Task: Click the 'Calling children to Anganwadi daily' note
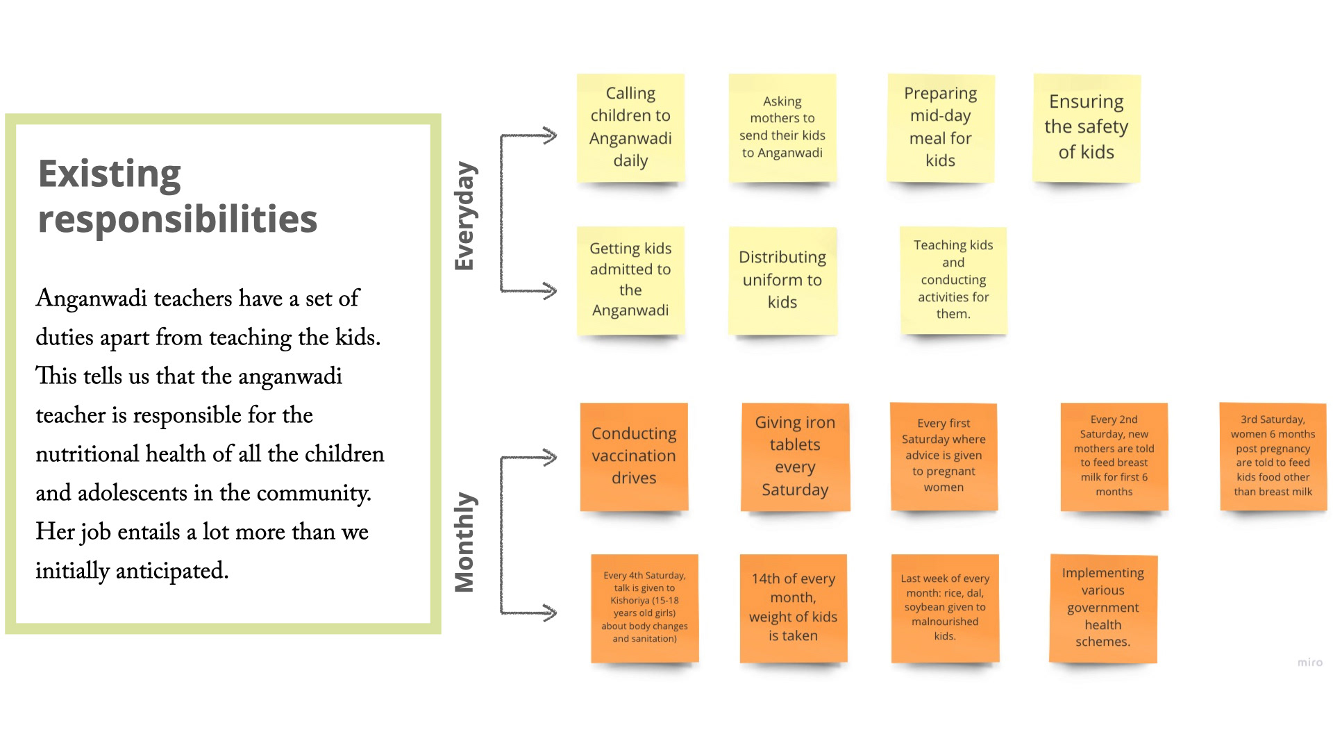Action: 630,127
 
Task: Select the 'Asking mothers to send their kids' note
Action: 782,127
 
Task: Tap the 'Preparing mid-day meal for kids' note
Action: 940,127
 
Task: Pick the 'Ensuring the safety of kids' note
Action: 1086,127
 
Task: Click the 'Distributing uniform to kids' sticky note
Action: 782,280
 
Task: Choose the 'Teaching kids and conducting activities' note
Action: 953,280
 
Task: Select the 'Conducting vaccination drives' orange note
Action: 633,456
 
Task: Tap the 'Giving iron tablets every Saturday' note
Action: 795,456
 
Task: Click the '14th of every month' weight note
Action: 793,608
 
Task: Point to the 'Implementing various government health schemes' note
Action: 1103,608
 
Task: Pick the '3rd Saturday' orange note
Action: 1273,456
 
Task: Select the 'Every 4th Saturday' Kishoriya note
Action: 644,608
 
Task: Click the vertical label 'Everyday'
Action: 464,216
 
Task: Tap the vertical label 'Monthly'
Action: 464,542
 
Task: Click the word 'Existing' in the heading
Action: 110,174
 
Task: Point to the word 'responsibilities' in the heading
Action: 178,219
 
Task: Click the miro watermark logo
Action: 1309,662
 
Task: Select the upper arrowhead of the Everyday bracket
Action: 550,135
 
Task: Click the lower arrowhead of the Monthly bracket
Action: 550,612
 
